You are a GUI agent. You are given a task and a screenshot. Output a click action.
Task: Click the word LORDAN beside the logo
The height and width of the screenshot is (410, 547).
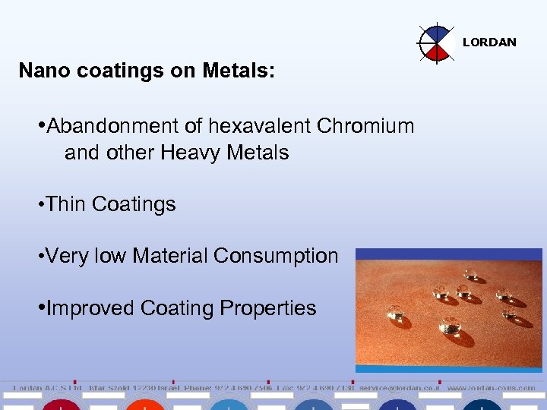[x=489, y=43]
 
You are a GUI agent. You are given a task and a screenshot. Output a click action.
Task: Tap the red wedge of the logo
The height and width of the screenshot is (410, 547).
[x=438, y=52]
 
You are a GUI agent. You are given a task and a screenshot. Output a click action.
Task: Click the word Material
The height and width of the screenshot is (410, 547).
[x=170, y=256]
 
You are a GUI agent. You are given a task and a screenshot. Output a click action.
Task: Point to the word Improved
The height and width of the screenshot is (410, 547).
[x=90, y=308]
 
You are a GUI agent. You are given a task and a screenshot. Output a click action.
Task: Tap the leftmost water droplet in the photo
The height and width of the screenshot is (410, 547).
[x=395, y=312]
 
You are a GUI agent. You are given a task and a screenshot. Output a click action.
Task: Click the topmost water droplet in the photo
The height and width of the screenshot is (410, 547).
[x=470, y=274]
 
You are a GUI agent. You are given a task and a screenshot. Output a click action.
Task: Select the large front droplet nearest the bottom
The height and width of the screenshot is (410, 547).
[x=451, y=327]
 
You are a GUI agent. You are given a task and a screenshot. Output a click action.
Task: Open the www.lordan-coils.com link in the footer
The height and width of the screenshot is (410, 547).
[x=491, y=388]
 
